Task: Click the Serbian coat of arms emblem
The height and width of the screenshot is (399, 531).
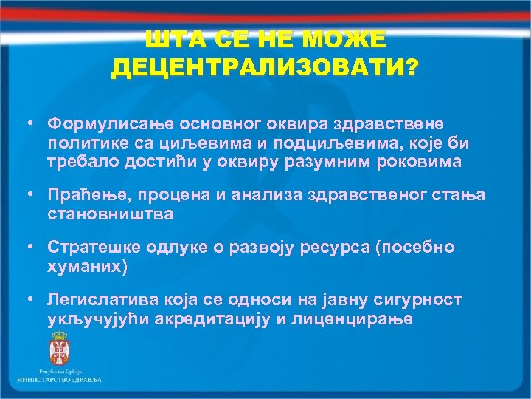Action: click(58, 347)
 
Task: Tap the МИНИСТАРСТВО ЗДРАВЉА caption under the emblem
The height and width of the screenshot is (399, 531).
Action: click(59, 379)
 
